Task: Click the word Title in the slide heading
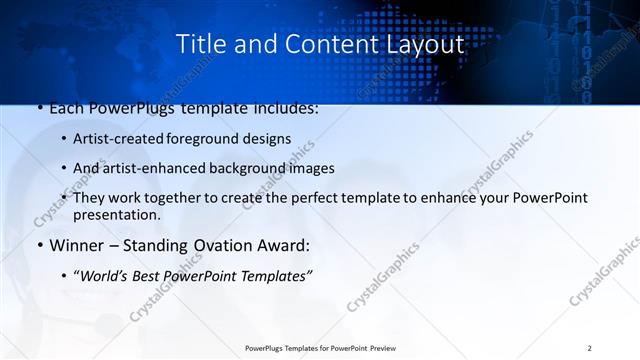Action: [x=200, y=45]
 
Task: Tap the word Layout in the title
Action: [x=423, y=45]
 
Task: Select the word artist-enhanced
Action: [x=153, y=168]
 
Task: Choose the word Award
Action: [x=283, y=245]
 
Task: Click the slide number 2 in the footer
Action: [x=589, y=348]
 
